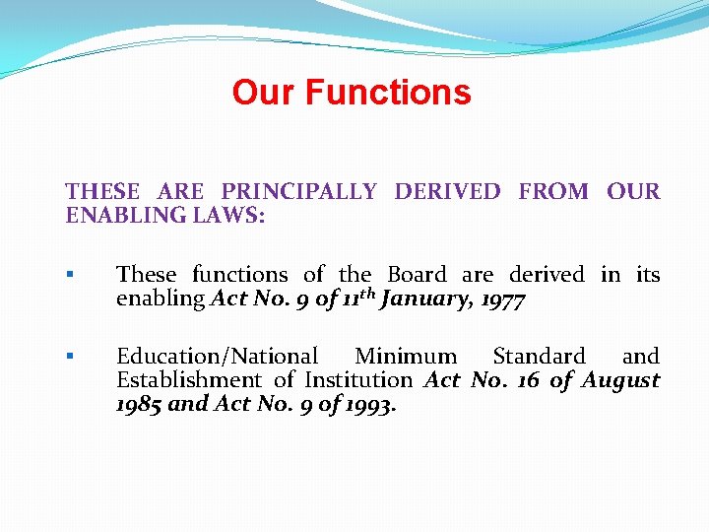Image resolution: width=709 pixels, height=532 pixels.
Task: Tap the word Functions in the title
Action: [388, 93]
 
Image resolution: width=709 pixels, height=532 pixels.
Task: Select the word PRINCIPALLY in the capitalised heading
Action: [298, 191]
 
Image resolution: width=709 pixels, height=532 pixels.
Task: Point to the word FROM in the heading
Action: [552, 191]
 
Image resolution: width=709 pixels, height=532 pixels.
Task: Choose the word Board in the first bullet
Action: [417, 275]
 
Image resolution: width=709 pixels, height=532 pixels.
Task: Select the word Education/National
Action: [217, 357]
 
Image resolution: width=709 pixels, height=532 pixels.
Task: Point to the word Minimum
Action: [406, 357]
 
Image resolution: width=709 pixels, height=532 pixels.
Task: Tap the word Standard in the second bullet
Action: [539, 357]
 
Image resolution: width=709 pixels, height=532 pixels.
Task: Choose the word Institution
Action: [358, 380]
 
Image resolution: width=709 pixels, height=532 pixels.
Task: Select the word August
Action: [620, 380]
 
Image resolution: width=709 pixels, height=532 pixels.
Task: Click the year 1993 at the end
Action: [369, 404]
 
